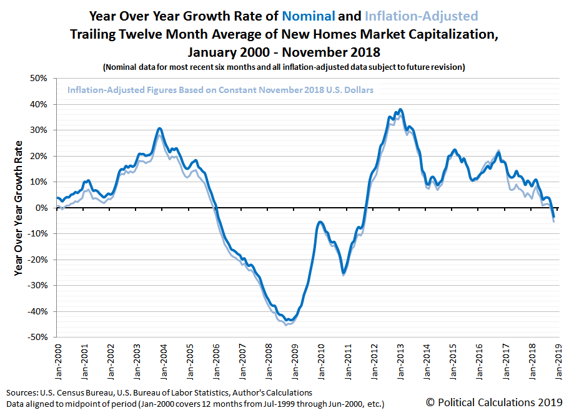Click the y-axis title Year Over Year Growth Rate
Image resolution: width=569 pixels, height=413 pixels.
(x=18, y=208)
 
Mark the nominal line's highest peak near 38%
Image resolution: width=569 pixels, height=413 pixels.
(x=400, y=110)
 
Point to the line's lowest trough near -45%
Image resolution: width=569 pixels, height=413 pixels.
(x=286, y=323)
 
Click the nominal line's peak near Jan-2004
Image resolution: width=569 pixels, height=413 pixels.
(x=160, y=129)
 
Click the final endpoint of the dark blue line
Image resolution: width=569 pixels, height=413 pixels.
(x=554, y=216)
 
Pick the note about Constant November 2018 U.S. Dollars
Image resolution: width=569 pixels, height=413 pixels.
(x=220, y=90)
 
